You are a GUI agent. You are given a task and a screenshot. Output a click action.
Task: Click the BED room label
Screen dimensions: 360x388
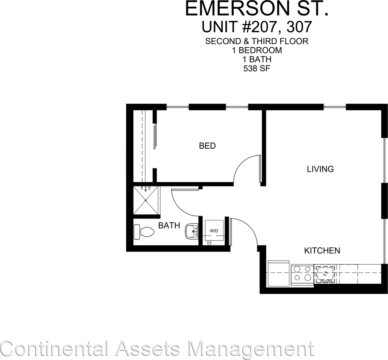(x=207, y=146)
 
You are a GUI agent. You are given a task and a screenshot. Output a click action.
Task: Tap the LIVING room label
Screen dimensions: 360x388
(x=320, y=169)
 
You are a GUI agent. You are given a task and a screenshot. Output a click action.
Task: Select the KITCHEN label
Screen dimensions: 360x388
(x=322, y=251)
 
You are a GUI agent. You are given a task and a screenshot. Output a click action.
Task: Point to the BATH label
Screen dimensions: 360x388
(x=169, y=226)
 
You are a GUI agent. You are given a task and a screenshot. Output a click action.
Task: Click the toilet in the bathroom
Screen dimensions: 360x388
(x=143, y=231)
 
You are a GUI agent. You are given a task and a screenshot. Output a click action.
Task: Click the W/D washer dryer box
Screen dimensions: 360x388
(x=214, y=231)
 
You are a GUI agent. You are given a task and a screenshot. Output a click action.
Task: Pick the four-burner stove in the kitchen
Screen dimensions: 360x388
(x=302, y=274)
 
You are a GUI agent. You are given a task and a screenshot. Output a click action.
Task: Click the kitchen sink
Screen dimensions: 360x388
(x=324, y=274)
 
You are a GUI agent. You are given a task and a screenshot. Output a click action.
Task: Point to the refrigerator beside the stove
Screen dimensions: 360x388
(x=279, y=274)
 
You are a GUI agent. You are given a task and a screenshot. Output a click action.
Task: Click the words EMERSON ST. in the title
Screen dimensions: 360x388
(x=256, y=9)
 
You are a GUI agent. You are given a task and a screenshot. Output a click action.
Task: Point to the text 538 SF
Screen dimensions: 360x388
(x=257, y=69)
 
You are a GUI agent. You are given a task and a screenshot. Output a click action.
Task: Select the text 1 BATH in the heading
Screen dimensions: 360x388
(x=257, y=60)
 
